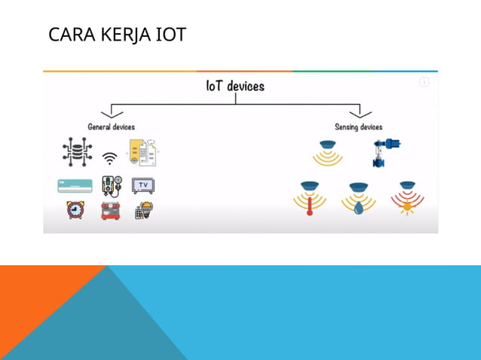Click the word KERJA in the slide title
tap(129, 35)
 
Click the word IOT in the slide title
tap(170, 35)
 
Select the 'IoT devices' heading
tap(235, 86)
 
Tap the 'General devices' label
tap(112, 127)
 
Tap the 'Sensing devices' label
tap(359, 127)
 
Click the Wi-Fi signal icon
tap(110, 158)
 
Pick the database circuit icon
tap(76, 152)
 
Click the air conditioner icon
tap(75, 185)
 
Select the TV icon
tap(143, 185)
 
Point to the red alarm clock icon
tap(75, 210)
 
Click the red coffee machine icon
tap(110, 210)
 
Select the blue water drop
tap(359, 206)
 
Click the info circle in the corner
tap(424, 82)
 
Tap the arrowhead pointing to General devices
tap(112, 114)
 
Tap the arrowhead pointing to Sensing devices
tap(360, 114)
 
